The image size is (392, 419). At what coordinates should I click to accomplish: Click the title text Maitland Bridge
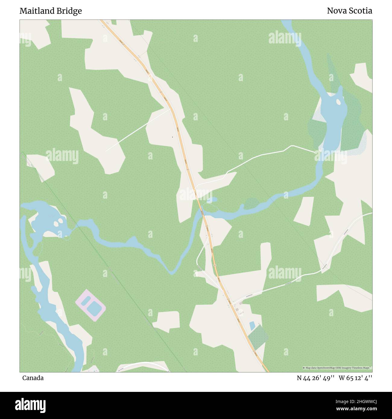pyautogui.click(x=51, y=11)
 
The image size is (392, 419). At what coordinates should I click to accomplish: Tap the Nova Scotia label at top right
pyautogui.click(x=349, y=11)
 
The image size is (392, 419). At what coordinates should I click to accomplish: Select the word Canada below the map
pyautogui.click(x=33, y=378)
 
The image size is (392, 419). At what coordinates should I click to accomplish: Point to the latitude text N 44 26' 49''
pyautogui.click(x=315, y=378)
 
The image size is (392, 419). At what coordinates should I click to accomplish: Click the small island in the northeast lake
pyautogui.click(x=338, y=102)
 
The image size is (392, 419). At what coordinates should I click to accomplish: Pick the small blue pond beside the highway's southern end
pyautogui.click(x=252, y=326)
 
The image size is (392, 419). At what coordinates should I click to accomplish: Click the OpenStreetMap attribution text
pyautogui.click(x=337, y=368)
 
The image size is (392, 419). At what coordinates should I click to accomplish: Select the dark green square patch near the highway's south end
pyautogui.click(x=258, y=337)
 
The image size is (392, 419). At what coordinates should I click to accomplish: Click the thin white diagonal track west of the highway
pyautogui.click(x=137, y=130)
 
